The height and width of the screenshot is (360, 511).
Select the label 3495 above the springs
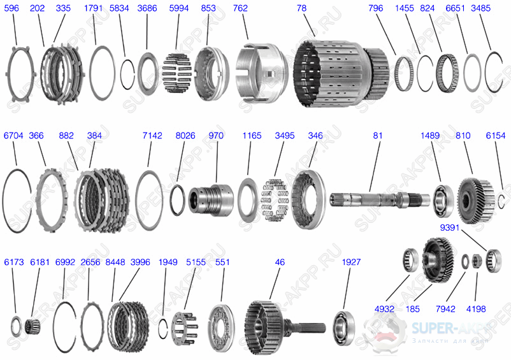tap(285, 136)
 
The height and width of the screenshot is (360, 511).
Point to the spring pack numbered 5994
tap(178, 75)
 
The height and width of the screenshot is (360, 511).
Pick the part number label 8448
tap(115, 262)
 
